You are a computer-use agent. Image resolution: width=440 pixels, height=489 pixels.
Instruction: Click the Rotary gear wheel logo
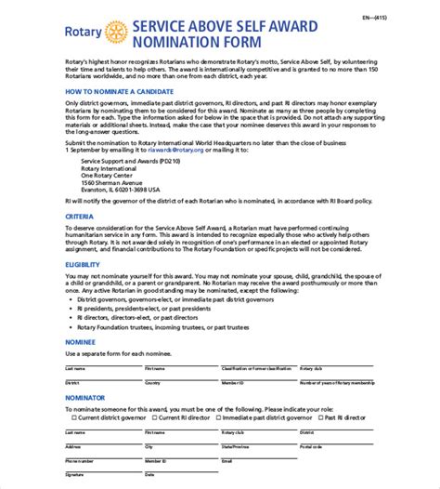(x=116, y=33)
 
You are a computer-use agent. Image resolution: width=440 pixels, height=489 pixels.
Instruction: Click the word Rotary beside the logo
(x=84, y=33)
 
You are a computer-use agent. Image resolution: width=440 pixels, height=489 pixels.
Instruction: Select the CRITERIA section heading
(x=79, y=242)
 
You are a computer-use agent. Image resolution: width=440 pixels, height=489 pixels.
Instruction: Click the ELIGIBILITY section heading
(x=83, y=289)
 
